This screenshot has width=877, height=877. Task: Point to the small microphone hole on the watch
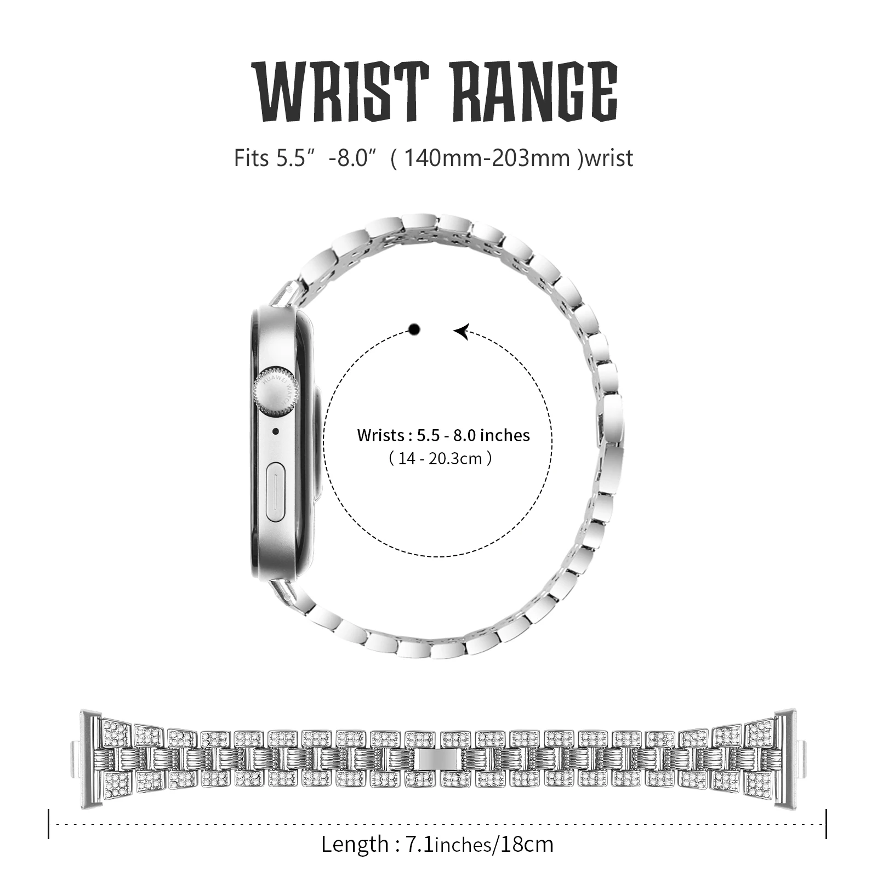pyautogui.click(x=275, y=431)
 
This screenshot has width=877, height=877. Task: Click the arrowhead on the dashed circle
pyautogui.click(x=462, y=331)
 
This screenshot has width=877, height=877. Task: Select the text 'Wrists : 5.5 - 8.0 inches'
pyautogui.click(x=443, y=435)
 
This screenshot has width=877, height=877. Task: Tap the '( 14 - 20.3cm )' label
pyautogui.click(x=440, y=458)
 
